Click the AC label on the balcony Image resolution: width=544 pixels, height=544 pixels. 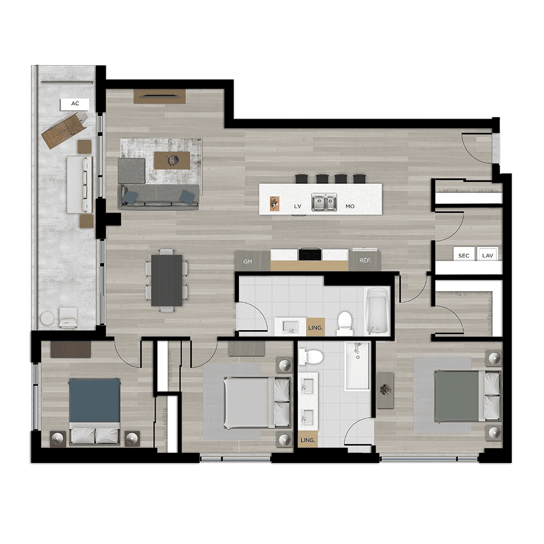point(75,103)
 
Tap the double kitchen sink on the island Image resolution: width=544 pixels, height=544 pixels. point(324,202)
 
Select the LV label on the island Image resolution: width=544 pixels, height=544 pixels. point(298,206)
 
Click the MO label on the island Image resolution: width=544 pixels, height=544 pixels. point(350,206)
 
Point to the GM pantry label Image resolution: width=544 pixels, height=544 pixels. point(248,262)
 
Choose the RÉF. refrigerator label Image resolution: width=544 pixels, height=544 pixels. point(365,260)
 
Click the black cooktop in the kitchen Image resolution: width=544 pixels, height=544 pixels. point(310,254)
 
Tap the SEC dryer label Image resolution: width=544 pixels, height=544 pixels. point(463,256)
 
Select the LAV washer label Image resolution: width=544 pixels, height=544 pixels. point(487,256)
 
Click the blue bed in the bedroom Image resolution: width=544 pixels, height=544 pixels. point(94,411)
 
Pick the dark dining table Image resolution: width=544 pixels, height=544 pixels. point(166,280)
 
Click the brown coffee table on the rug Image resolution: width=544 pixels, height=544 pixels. point(172,160)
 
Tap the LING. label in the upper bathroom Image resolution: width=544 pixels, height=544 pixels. point(315,327)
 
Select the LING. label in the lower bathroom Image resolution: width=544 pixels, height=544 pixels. point(307,440)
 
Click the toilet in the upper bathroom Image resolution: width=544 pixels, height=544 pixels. point(344,323)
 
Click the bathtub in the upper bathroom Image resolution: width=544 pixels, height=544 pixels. point(377,311)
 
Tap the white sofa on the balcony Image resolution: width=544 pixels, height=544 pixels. point(80,184)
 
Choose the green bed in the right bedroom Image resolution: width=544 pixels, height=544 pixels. point(467,396)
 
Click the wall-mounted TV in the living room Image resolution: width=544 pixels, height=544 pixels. point(159,96)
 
